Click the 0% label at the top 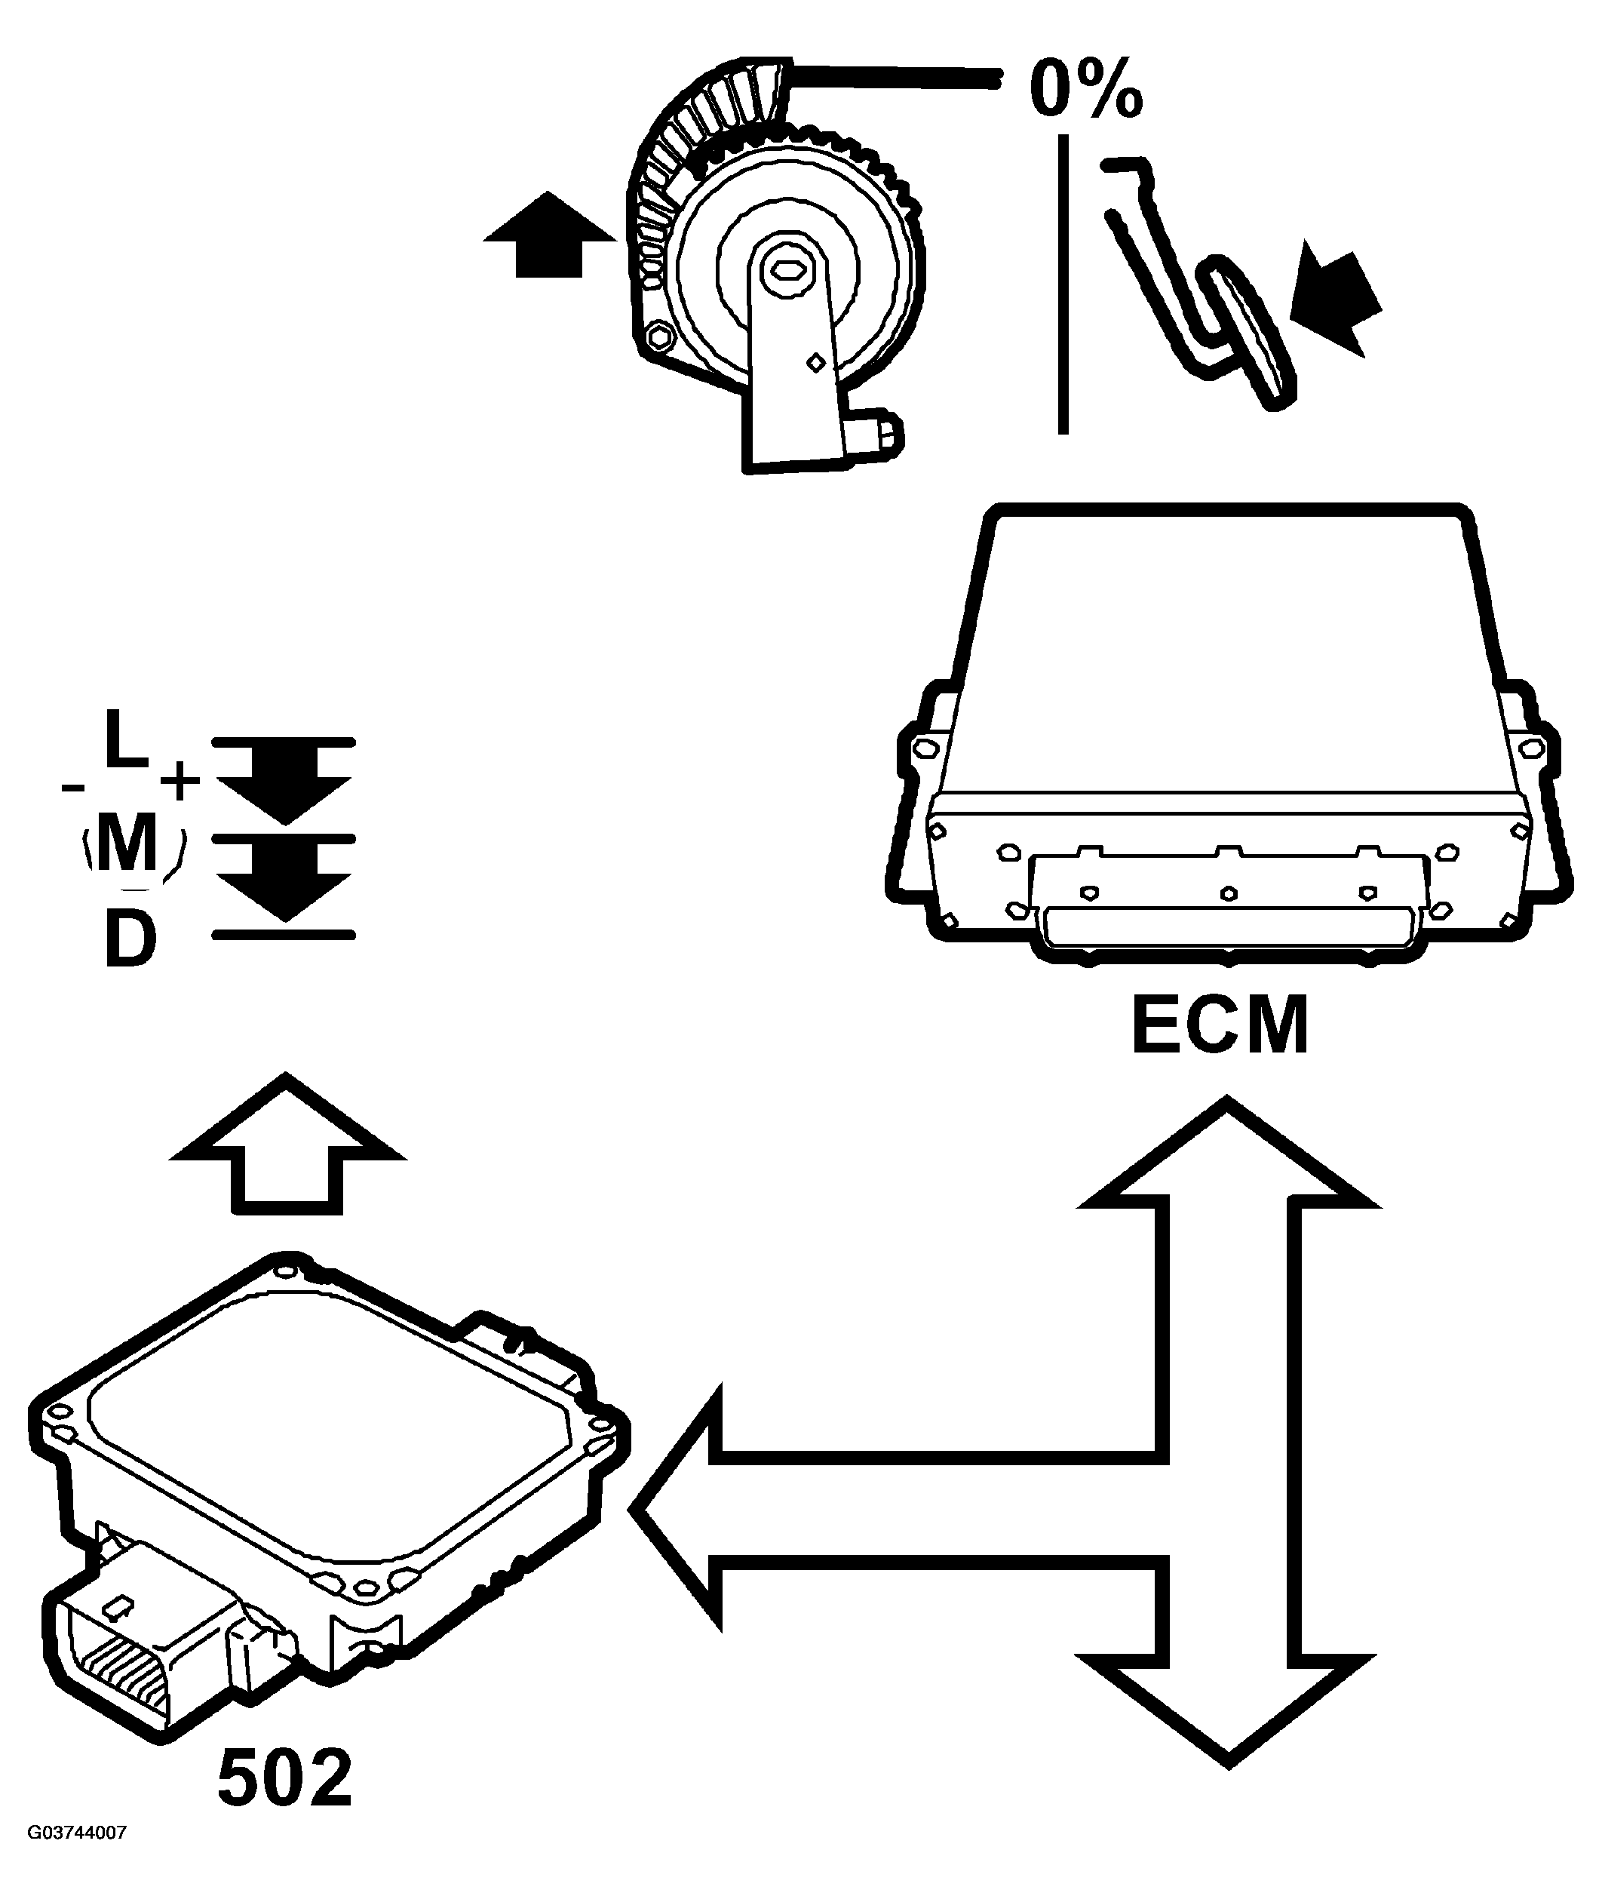(1086, 89)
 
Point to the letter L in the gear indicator (126, 739)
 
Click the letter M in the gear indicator (127, 844)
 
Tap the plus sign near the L (180, 779)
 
